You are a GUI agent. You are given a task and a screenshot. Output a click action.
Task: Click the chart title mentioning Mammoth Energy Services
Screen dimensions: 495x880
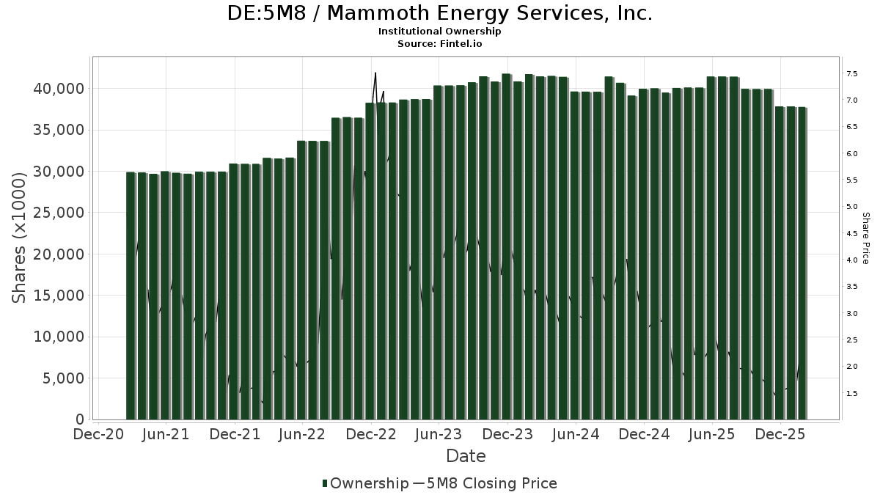pyautogui.click(x=440, y=13)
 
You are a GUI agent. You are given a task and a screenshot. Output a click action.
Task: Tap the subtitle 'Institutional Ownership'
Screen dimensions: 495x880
pyautogui.click(x=440, y=32)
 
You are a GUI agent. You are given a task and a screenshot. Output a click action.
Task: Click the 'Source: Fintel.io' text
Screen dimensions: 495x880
pyautogui.click(x=440, y=43)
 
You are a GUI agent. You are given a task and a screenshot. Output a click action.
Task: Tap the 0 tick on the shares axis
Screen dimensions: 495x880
pyautogui.click(x=80, y=419)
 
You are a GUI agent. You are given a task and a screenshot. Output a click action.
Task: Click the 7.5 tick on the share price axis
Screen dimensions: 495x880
pyautogui.click(x=852, y=74)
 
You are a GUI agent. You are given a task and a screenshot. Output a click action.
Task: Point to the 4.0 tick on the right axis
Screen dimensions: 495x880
pyautogui.click(x=852, y=260)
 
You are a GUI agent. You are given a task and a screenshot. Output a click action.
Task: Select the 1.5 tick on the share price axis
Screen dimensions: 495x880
pyautogui.click(x=852, y=394)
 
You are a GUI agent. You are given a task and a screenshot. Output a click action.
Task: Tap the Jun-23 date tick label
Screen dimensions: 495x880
pyautogui.click(x=439, y=434)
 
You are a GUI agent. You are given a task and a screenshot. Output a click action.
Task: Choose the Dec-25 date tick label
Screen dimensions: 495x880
pyautogui.click(x=781, y=434)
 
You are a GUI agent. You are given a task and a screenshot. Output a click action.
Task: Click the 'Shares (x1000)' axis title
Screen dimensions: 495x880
pyautogui.click(x=19, y=238)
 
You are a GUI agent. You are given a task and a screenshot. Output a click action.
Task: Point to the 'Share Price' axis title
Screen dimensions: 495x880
pyautogui.click(x=865, y=238)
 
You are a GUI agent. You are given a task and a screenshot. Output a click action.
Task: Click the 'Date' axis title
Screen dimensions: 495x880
pyautogui.click(x=466, y=456)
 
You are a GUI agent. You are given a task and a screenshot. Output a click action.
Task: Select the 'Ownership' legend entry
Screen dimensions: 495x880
pyautogui.click(x=365, y=483)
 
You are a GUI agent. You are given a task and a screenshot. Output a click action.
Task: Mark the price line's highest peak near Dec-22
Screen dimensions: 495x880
pyautogui.click(x=375, y=73)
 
